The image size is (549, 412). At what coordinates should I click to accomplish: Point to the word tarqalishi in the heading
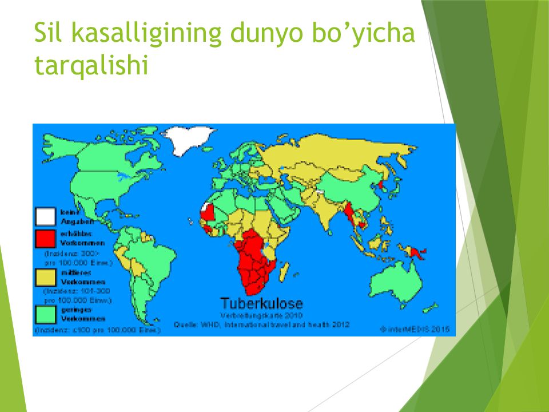(91, 65)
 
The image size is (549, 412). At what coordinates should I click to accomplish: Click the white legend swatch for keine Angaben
(46, 217)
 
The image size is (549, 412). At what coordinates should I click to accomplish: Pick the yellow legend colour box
(46, 278)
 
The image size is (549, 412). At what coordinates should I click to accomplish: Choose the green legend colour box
(46, 314)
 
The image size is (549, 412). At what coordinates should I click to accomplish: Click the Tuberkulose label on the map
(261, 303)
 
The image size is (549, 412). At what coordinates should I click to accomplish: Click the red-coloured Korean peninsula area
(379, 185)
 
